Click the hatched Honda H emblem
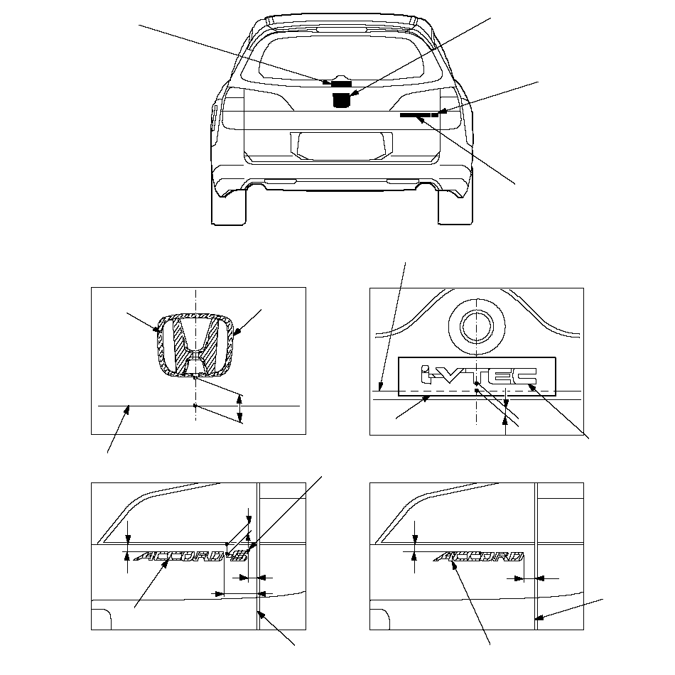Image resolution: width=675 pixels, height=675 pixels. [196, 345]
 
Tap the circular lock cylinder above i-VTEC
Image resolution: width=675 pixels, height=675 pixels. [477, 326]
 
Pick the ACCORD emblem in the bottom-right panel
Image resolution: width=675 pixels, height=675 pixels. [479, 557]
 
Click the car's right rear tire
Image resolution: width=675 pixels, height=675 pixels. [455, 207]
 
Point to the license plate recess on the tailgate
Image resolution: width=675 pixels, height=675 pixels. [341, 146]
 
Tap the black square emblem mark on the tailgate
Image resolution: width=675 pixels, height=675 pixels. [341, 99]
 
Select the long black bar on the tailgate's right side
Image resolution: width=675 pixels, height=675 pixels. [419, 115]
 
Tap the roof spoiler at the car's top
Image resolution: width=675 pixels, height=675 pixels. [341, 20]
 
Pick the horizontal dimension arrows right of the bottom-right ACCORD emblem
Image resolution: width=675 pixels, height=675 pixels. [532, 579]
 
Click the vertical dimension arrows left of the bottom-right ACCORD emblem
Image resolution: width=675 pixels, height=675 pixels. [414, 546]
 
